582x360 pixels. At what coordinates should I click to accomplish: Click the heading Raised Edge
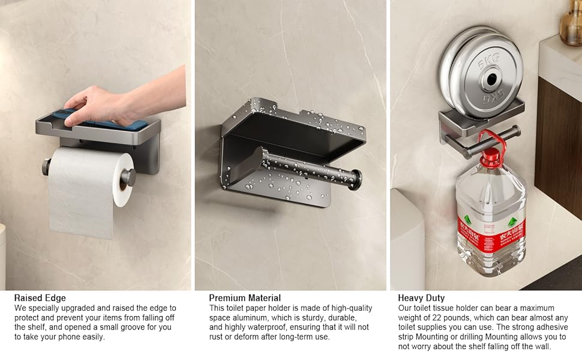(x=40, y=298)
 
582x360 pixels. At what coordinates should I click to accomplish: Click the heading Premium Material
(x=245, y=298)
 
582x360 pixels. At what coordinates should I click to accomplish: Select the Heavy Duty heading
(x=421, y=298)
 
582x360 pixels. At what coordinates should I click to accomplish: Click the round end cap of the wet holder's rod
(x=356, y=179)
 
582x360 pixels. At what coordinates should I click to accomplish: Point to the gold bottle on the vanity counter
(x=571, y=22)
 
